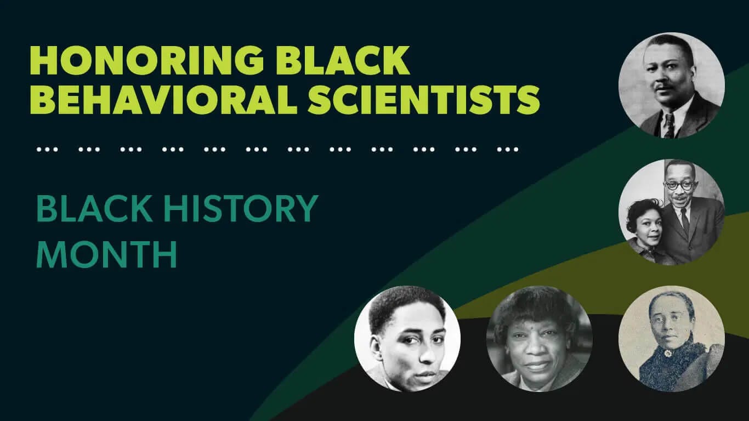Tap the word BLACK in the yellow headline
(343, 60)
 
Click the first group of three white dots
(47, 150)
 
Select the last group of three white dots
(508, 150)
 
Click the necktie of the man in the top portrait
(669, 126)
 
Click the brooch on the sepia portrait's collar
(668, 353)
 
